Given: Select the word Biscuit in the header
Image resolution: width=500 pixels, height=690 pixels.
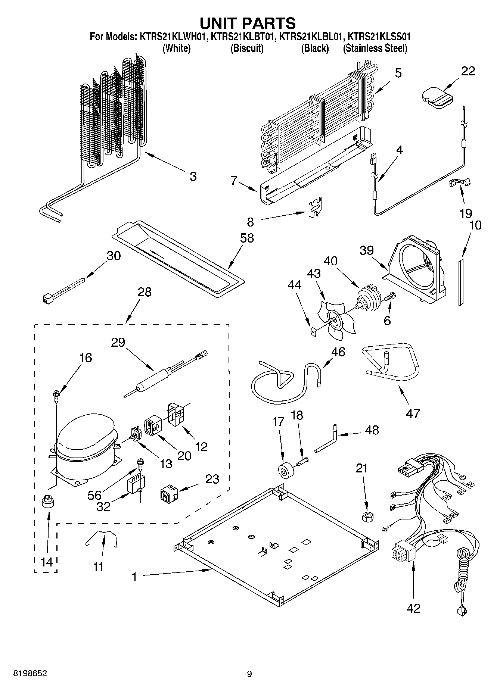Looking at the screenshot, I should [247, 48].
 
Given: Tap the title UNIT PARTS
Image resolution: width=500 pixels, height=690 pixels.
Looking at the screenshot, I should [248, 23].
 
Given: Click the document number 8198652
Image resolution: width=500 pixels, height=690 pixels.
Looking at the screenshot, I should [30, 674].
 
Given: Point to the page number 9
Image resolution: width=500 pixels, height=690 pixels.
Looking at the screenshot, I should [249, 674].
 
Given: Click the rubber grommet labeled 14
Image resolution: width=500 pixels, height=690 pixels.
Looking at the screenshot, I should [47, 502].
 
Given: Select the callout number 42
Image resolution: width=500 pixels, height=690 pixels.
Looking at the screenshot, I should [413, 608].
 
